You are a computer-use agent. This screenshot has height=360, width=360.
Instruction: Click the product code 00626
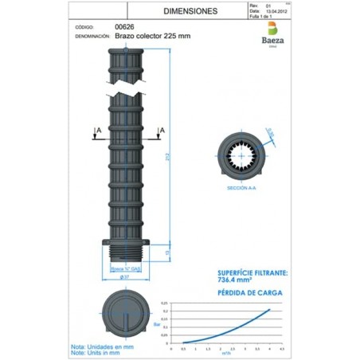(x=126, y=26)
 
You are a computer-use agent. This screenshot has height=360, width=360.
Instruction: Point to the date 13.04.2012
(x=275, y=11)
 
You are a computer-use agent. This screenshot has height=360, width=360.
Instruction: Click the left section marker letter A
(x=96, y=130)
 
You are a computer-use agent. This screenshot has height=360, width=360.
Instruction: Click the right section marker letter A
(x=162, y=130)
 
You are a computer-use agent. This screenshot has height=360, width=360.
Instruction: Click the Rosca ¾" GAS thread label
(x=127, y=270)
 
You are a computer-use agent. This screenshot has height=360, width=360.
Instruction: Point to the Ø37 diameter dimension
(x=126, y=277)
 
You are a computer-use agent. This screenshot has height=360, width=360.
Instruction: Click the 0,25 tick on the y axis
(x=165, y=303)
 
